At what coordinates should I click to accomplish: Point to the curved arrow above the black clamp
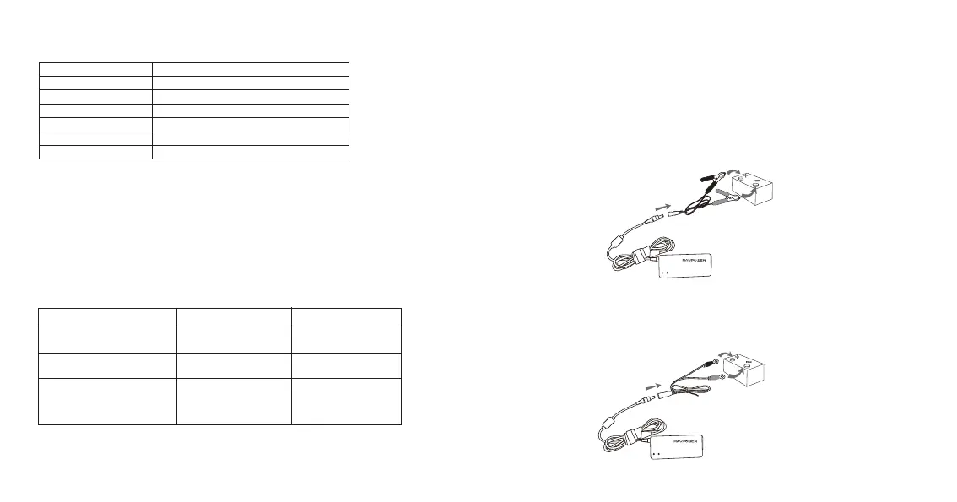[736, 171]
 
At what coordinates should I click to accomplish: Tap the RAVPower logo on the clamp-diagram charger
[685, 260]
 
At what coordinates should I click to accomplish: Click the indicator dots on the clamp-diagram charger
[664, 273]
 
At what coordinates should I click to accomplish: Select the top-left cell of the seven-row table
[95, 67]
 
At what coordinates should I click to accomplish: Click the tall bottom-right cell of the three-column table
[346, 400]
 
